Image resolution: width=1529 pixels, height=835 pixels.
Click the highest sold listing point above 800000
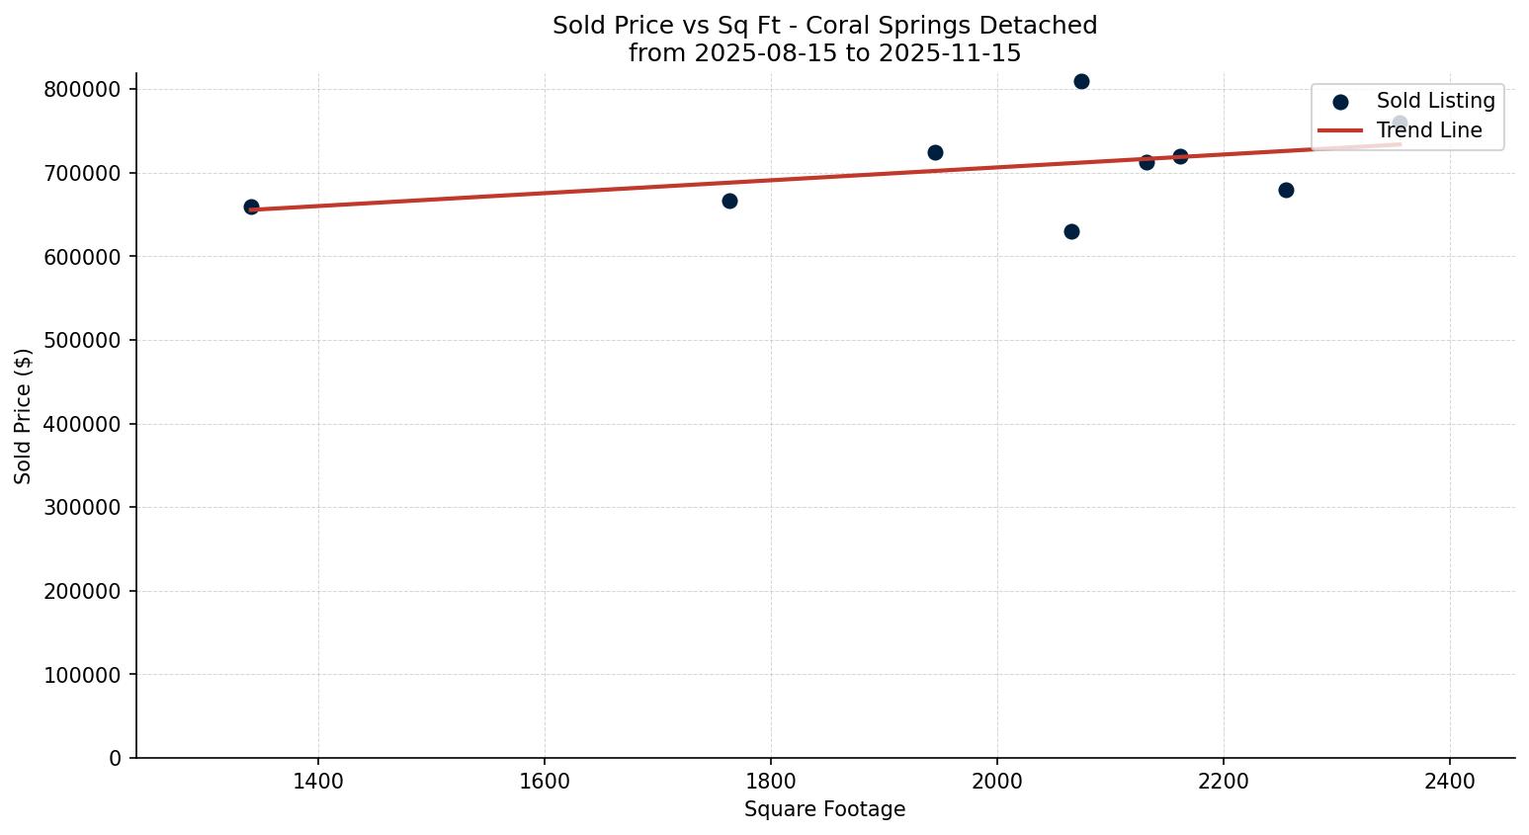(x=1081, y=81)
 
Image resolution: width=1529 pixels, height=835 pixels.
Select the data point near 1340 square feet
(x=251, y=207)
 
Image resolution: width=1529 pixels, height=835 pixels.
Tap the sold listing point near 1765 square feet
(x=729, y=201)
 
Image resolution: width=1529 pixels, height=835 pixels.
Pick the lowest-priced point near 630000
(x=1071, y=231)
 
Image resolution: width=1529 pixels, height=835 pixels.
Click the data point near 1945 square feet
(x=935, y=152)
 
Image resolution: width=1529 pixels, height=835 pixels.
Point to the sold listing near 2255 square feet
(x=1286, y=190)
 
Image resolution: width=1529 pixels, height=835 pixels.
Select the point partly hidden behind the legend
(x=1400, y=124)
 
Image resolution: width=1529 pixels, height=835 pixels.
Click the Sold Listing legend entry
(x=1435, y=101)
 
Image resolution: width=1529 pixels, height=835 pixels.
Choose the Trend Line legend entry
(x=1429, y=130)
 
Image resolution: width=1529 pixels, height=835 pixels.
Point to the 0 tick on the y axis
(x=116, y=759)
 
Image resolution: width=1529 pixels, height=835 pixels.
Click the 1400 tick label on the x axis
(x=318, y=782)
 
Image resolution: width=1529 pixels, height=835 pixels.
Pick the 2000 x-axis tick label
(x=997, y=782)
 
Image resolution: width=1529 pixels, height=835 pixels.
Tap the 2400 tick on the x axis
(x=1450, y=782)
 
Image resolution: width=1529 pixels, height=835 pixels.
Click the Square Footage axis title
(x=824, y=810)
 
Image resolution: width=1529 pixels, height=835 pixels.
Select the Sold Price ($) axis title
(x=24, y=416)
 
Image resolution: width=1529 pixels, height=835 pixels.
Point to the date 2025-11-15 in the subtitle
(x=956, y=53)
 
